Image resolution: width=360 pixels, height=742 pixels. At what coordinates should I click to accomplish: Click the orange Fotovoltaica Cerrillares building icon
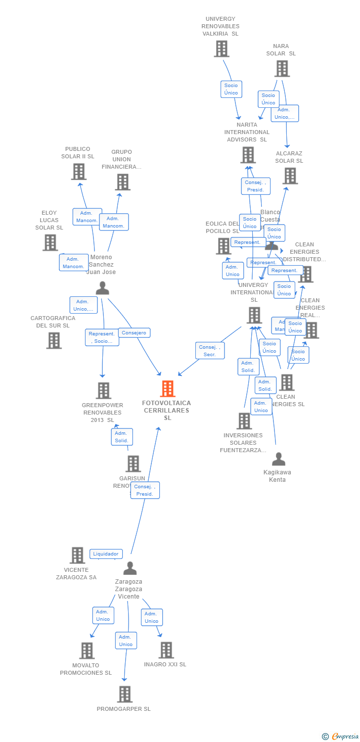pos(168,389)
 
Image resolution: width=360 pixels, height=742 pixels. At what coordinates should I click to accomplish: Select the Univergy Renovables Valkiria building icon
pos(221,49)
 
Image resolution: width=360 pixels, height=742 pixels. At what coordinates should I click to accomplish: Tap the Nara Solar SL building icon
pos(281,69)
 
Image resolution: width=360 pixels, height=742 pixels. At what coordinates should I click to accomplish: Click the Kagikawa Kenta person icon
pos(278,460)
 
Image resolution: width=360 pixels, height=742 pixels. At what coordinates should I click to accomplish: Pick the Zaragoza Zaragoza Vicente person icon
pos(130,568)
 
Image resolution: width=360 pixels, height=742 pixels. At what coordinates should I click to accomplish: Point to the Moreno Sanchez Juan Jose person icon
pos(102,288)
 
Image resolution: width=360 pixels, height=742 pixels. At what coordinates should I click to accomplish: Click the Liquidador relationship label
pos(106,554)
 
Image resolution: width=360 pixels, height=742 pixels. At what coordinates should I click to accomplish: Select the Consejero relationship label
pos(134,333)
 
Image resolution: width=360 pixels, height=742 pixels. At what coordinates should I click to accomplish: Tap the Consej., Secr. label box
pos(210,351)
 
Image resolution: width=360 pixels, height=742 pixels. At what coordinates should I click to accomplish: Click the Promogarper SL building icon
pos(125,694)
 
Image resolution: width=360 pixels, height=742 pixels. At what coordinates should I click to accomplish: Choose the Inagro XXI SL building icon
pos(166,650)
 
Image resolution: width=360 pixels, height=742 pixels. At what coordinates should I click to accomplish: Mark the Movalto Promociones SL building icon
pos(87,650)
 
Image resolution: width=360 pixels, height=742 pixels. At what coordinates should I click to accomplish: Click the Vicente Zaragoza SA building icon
pos(77,556)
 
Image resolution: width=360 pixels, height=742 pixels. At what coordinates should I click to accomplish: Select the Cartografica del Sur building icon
pos(53,340)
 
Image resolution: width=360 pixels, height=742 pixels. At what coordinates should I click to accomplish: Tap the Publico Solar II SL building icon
pos(78,172)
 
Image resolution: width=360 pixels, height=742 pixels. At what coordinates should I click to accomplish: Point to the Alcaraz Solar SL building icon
pos(290,176)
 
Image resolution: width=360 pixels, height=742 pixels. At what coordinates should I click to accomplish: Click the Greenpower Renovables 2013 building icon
pos(103,391)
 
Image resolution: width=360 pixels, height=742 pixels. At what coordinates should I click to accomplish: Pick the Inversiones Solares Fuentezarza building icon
pos(244,421)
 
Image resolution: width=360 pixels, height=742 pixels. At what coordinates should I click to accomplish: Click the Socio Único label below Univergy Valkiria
pos(231,89)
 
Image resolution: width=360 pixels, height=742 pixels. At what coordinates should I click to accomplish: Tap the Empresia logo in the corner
pos(341,737)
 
